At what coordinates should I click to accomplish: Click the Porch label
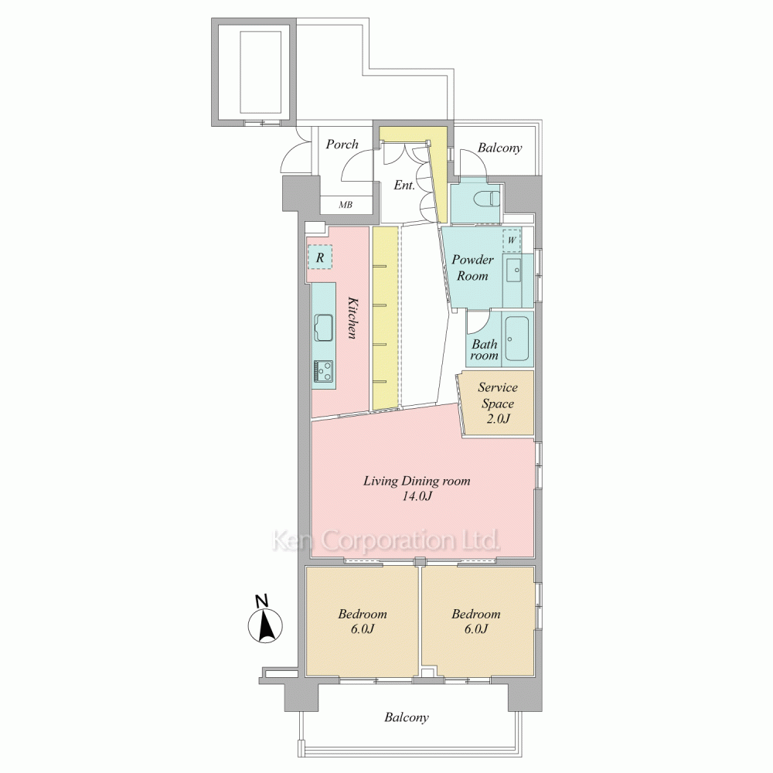coord(342,144)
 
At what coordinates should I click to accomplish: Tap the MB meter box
coord(346,205)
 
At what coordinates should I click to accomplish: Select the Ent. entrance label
coord(404,185)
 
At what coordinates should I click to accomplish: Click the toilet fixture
coord(486,199)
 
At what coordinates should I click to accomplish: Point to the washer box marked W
coord(512,240)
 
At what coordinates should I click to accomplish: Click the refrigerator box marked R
coord(321,257)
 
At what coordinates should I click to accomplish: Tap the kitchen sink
coord(323,327)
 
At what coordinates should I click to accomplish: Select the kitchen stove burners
coord(323,371)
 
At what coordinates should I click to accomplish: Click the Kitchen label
coord(351,318)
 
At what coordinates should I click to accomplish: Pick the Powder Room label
coord(472,267)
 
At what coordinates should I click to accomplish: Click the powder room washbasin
coord(515,269)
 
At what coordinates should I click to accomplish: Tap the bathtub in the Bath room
coord(517,339)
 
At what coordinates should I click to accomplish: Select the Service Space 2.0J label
coord(497,403)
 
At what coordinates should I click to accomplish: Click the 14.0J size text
coord(417,496)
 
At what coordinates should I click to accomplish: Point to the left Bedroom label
coord(363,621)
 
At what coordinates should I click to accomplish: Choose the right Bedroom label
coord(475,621)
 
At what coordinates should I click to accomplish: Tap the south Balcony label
coord(407,717)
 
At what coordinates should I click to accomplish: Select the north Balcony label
coord(499,148)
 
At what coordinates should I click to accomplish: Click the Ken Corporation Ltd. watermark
coord(386,540)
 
